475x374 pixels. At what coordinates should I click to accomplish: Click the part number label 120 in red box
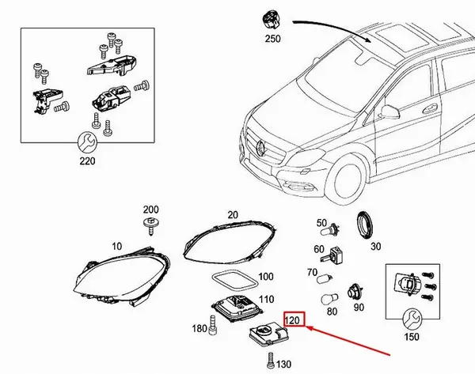tap(294, 320)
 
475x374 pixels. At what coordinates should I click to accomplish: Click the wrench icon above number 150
tap(409, 318)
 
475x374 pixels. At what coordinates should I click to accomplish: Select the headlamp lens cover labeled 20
tap(230, 238)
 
